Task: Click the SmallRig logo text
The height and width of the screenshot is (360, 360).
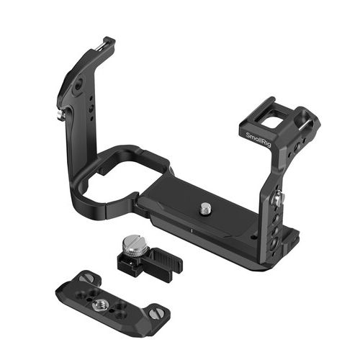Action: [x=258, y=140]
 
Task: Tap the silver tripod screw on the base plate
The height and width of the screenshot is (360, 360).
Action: [x=205, y=208]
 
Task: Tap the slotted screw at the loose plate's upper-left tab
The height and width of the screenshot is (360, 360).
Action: [x=85, y=278]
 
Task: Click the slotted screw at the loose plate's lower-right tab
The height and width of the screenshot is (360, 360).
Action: [x=154, y=313]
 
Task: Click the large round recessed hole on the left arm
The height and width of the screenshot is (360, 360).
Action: [x=78, y=86]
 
